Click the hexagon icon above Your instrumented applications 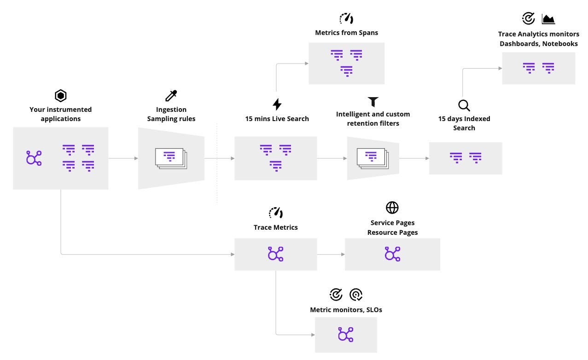click(x=61, y=96)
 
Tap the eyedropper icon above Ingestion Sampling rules click(x=171, y=96)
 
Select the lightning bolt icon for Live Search click(x=277, y=105)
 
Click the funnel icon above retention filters click(x=373, y=102)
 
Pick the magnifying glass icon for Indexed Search click(x=464, y=105)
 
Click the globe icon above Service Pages click(x=392, y=208)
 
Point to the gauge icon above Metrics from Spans click(x=346, y=18)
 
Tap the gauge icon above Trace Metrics click(x=276, y=212)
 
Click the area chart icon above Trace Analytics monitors click(x=548, y=19)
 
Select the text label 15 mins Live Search click(x=277, y=119)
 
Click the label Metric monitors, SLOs click(x=346, y=310)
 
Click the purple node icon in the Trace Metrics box click(x=276, y=254)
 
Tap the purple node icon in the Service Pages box click(x=392, y=254)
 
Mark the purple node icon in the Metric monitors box click(x=346, y=335)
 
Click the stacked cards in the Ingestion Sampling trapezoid click(x=171, y=158)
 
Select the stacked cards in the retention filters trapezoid click(x=373, y=158)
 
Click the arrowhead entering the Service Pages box click(x=343, y=254)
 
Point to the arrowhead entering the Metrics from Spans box click(x=306, y=64)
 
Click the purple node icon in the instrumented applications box click(x=34, y=158)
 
